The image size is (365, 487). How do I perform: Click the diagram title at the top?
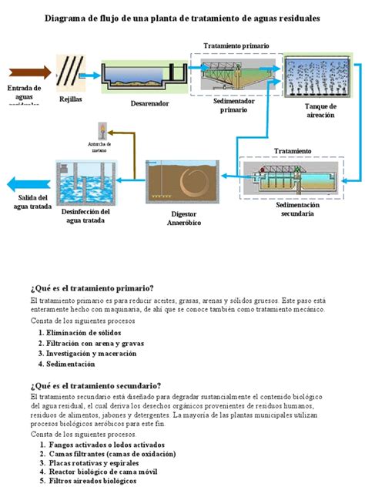pos(182,18)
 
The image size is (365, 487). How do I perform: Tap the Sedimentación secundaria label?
pos(293,210)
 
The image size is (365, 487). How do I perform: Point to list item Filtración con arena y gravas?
pos(95,343)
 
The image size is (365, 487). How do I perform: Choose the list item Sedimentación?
pos(71,363)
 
